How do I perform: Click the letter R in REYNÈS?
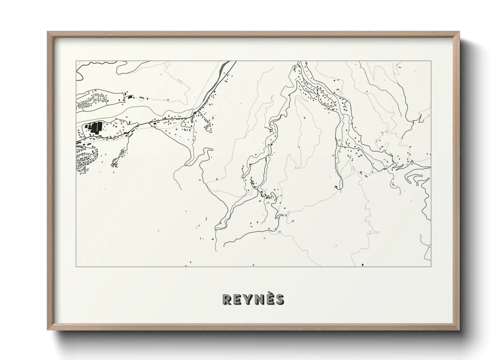tap(227, 299)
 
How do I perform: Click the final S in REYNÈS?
tap(280, 299)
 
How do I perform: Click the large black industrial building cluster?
tap(94, 128)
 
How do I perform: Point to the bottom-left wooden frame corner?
tap(48, 329)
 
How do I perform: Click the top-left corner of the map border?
tap(76, 61)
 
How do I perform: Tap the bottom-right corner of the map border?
tap(431, 266)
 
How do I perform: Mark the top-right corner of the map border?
tap(431, 61)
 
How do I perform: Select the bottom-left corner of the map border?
tap(76, 266)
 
